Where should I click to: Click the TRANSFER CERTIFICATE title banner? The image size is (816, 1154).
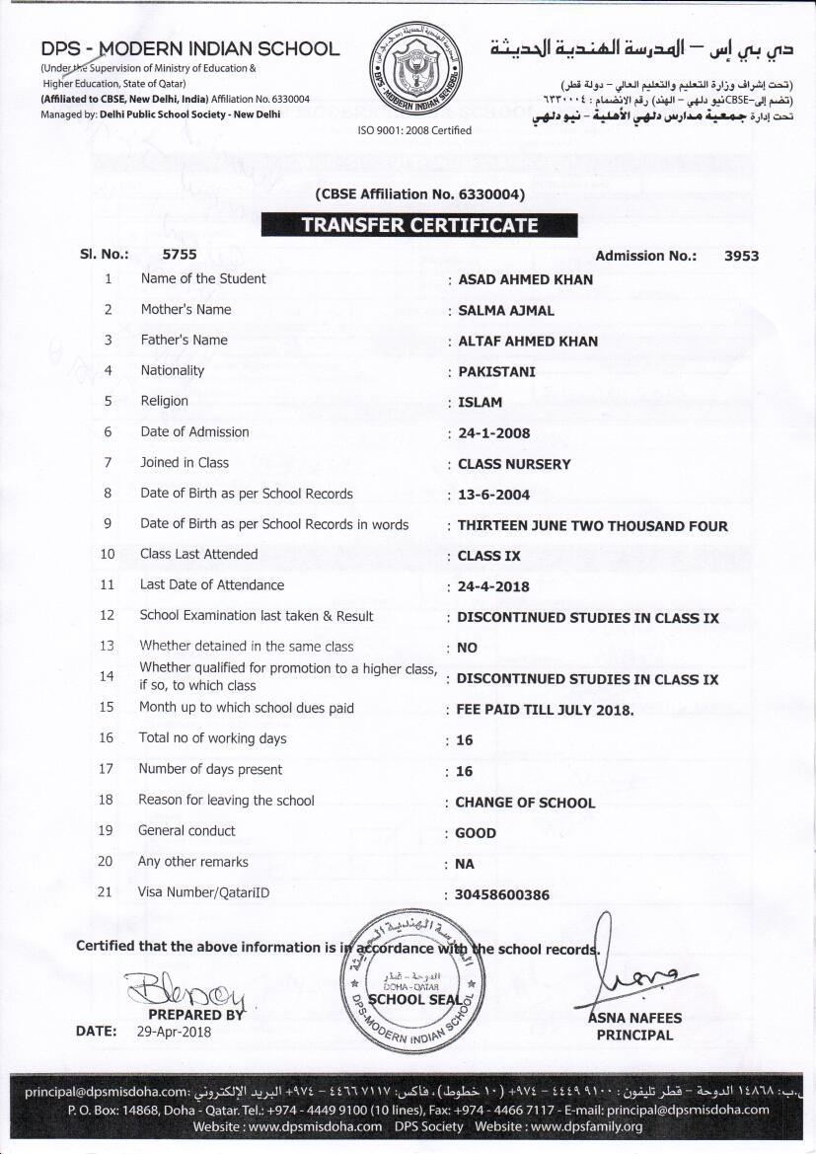click(x=419, y=225)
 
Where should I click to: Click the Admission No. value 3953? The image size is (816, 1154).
click(x=741, y=256)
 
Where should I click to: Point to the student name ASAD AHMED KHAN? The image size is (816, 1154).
click(x=526, y=279)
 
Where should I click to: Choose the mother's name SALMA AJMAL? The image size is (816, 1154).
click(x=506, y=310)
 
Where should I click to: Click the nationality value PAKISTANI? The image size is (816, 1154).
click(x=496, y=372)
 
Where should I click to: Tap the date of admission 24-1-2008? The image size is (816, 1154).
click(x=494, y=433)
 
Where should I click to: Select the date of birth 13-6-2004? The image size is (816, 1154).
click(x=494, y=495)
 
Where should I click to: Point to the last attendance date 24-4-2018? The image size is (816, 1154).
click(x=493, y=586)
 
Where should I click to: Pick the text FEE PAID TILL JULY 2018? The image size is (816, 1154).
click(x=545, y=710)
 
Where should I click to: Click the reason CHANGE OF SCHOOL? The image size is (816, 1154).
click(x=525, y=803)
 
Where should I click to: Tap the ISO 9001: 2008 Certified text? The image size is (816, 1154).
click(x=414, y=130)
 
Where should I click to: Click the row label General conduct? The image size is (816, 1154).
click(x=186, y=831)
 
